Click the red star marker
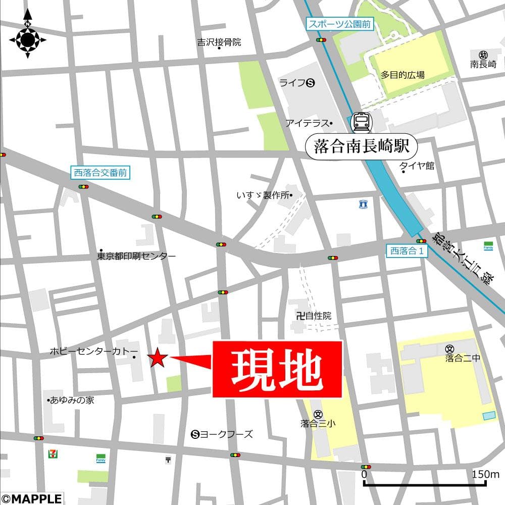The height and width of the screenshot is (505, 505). pos(158,358)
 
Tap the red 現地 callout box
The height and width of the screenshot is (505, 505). pos(277,369)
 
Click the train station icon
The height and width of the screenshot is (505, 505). pos(361,122)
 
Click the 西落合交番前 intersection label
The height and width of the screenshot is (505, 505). pos(100,173)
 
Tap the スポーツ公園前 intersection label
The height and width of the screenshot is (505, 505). pos(340,24)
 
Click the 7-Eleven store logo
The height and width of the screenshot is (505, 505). pos(52,453)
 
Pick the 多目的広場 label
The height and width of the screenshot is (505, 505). pos(402,75)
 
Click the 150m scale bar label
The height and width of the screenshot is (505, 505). pos(485,474)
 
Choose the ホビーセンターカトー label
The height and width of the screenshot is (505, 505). pos(93,350)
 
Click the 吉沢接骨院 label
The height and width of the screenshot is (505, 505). pos(219,42)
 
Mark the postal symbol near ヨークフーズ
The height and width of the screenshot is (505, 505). pos(168,460)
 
